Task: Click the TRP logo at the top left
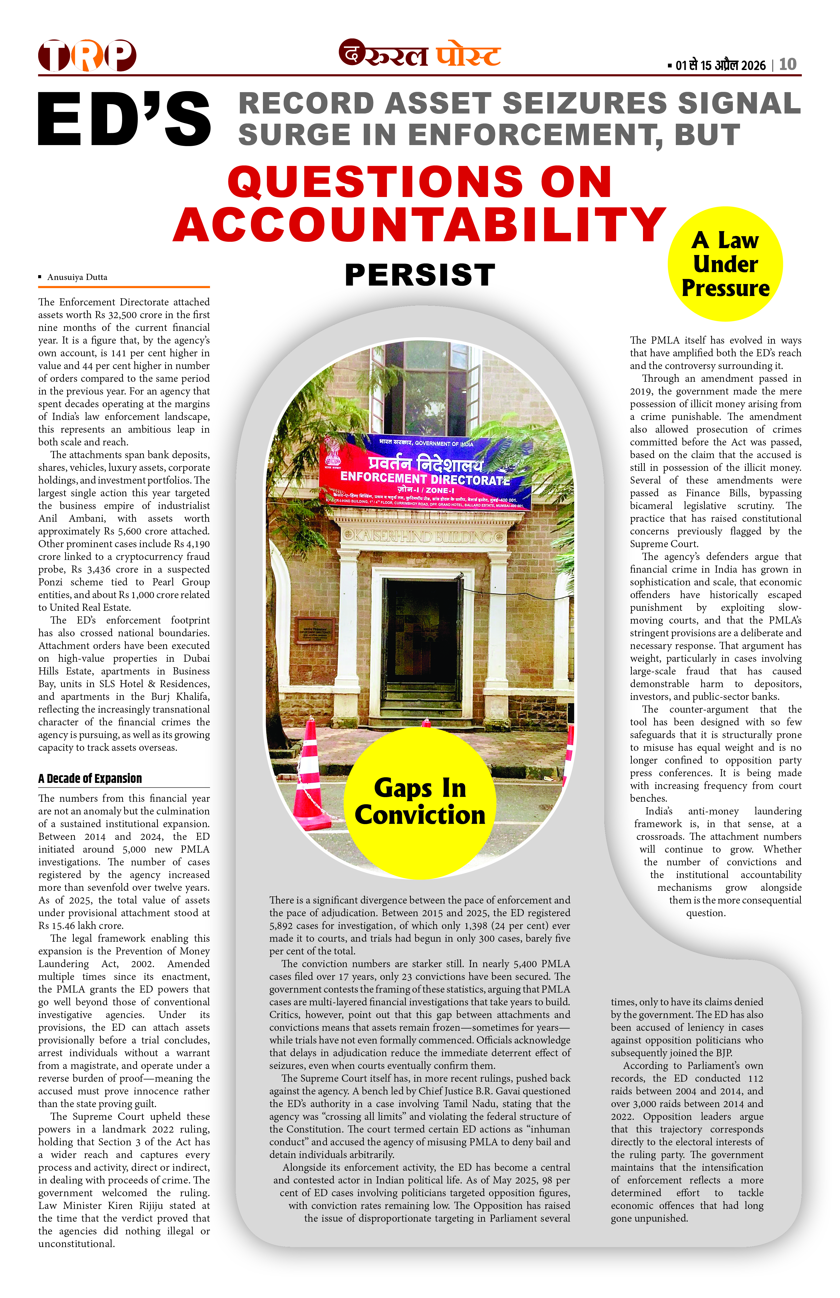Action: [87, 56]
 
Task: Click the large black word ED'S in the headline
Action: [124, 119]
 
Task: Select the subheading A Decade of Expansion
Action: [90, 778]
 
